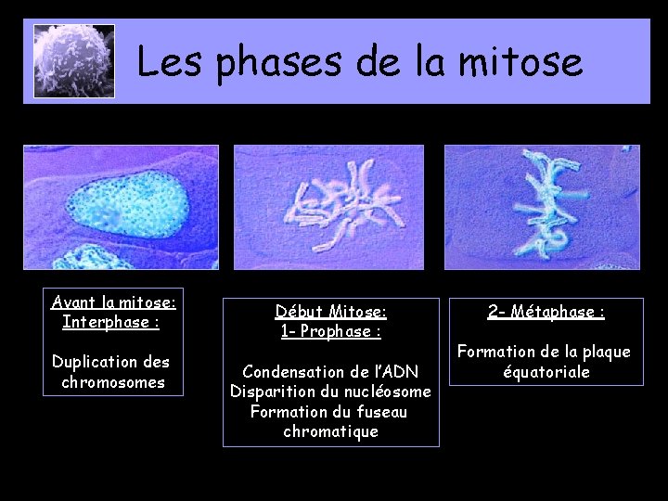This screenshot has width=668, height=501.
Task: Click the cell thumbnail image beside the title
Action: pos(74,61)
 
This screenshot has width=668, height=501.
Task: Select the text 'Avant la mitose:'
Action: pos(113,302)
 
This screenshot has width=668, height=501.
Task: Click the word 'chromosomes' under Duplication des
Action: pos(113,382)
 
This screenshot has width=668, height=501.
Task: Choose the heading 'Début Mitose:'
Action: pos(331,312)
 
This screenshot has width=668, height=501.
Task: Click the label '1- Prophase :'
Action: pos(331,331)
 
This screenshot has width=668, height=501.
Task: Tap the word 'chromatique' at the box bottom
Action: pos(331,432)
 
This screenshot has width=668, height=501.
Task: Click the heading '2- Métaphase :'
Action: pos(546,312)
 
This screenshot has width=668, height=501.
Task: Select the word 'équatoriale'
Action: pos(546,372)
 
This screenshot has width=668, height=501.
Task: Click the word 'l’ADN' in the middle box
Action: pos(397,372)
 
